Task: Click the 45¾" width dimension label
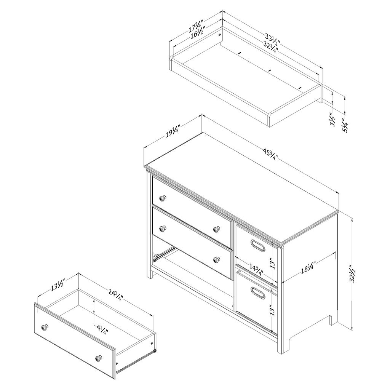tap(270, 155)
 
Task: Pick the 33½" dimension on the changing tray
tap(272, 39)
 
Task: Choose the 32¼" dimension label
tap(269, 47)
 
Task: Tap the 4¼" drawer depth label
tap(101, 329)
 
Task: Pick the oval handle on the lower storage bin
tap(258, 292)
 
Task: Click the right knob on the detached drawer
tap(99, 358)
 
